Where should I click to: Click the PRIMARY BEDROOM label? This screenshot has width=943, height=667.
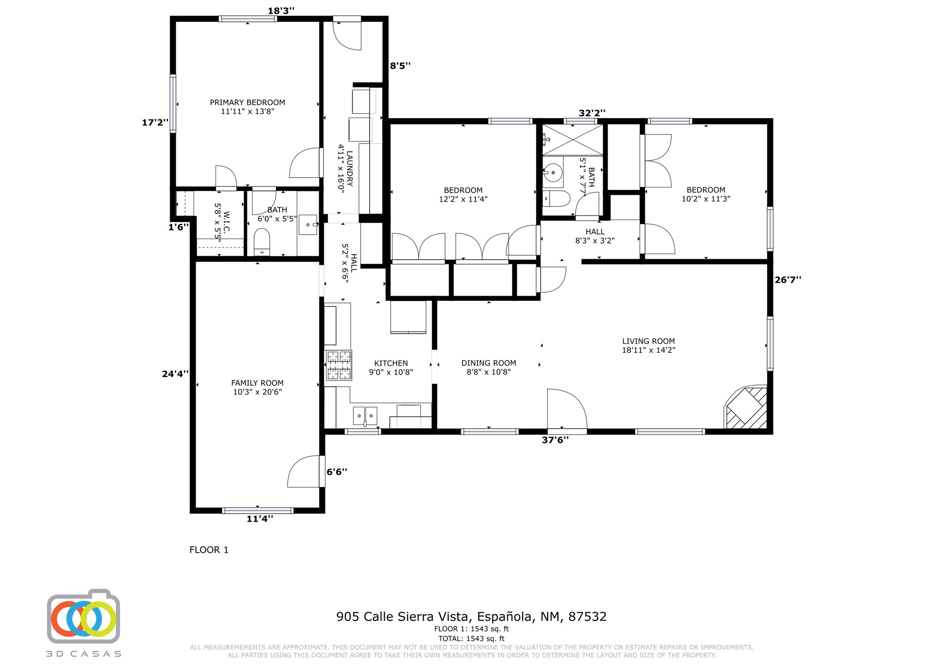247,102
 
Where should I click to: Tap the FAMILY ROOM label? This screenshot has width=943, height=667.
257,383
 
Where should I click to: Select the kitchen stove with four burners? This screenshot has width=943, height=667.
339,365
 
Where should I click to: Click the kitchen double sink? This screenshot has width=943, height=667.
365,416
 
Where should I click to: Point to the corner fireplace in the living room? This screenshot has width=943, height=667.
746,407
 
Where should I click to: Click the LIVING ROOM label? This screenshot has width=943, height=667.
648,341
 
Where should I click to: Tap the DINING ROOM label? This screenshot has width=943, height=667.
488,363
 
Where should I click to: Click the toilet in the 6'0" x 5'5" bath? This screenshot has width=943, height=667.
262,242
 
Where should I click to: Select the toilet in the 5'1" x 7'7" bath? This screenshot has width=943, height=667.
556,198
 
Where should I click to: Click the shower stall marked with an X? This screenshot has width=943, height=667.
573,140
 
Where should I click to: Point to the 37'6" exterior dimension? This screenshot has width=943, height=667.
555,440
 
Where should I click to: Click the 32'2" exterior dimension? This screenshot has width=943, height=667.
592,113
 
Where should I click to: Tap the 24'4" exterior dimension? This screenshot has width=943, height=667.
175,374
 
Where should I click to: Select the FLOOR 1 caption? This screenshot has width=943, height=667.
209,550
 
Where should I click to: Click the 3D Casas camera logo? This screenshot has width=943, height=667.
84,616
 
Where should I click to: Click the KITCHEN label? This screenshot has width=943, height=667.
391,363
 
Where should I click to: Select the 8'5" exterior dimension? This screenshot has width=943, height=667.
400,66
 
